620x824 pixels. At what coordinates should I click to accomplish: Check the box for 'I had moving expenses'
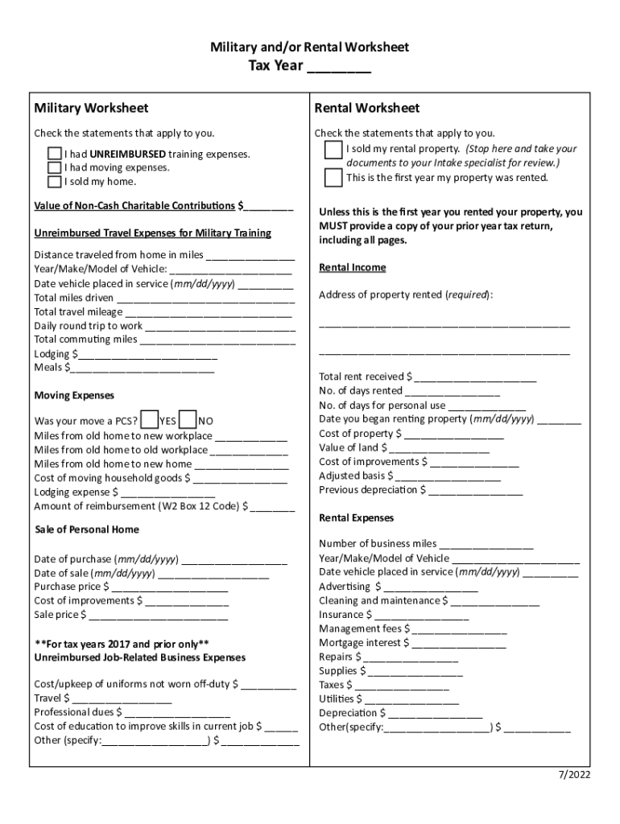(54, 167)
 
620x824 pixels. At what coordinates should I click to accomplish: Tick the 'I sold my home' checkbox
(54, 181)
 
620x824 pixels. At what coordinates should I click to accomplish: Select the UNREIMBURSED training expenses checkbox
(54, 154)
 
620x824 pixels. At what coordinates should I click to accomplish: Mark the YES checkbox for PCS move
(149, 419)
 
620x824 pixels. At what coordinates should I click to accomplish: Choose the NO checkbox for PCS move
(188, 419)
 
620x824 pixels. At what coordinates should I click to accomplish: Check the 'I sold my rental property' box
(333, 150)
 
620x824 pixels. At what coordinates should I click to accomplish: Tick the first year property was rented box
(333, 177)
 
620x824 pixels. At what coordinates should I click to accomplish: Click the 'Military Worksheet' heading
(91, 108)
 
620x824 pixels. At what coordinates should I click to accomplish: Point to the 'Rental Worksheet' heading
(367, 108)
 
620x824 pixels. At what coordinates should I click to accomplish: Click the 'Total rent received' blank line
(475, 377)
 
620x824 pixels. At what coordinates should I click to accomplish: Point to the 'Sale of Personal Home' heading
(87, 529)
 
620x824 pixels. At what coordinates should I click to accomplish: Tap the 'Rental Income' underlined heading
(353, 267)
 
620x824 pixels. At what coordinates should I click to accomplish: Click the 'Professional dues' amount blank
(177, 713)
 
